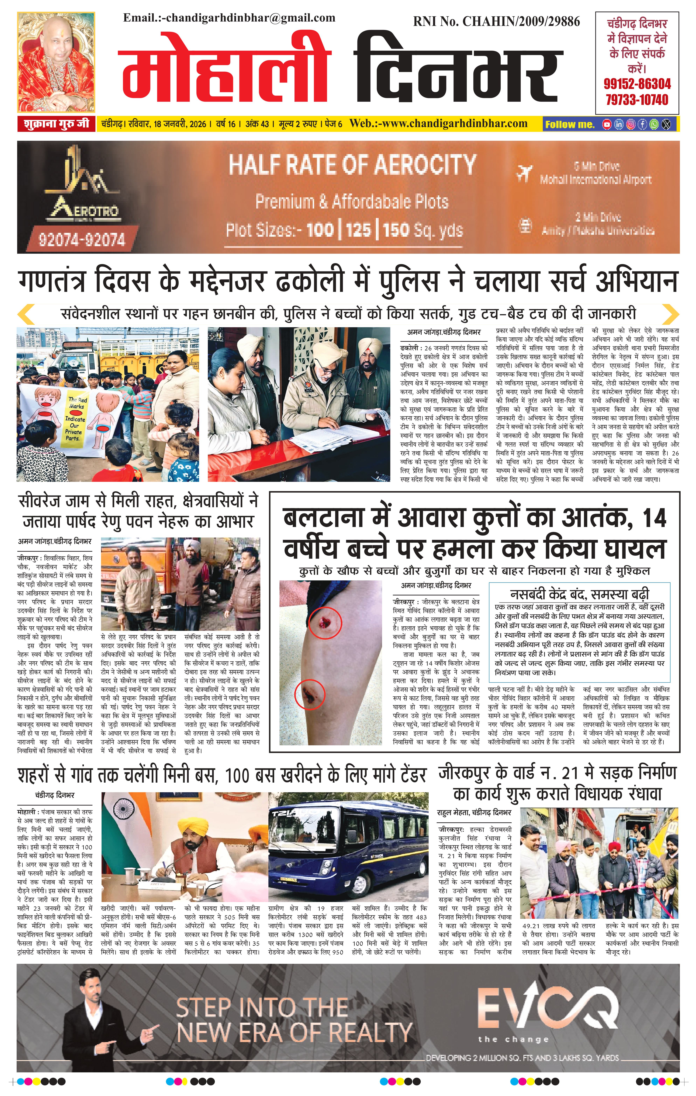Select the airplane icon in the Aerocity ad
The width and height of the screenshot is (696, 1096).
point(524,173)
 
